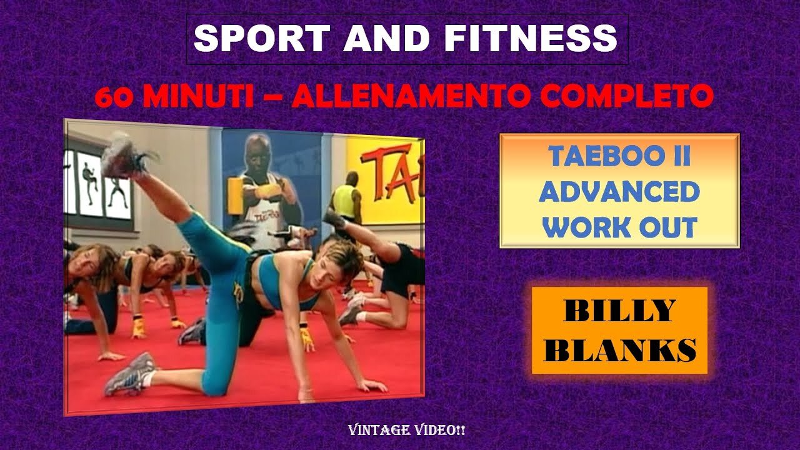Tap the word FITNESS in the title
[531, 39]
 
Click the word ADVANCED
[619, 192]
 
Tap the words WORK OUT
[619, 227]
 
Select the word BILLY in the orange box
[619, 311]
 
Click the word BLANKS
[619, 350]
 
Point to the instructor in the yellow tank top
[346, 200]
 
